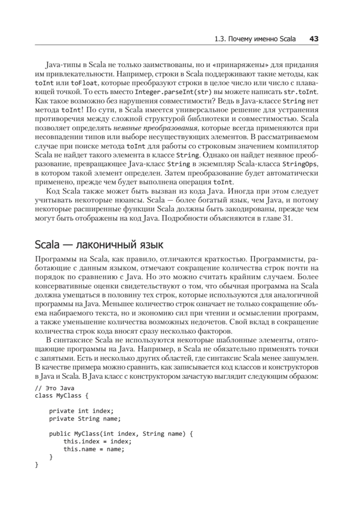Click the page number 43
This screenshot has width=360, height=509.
pos(314,39)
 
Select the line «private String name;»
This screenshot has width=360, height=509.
pos(85,419)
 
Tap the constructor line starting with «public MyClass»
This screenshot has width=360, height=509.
pos(121,434)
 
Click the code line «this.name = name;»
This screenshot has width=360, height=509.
pos(94,449)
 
